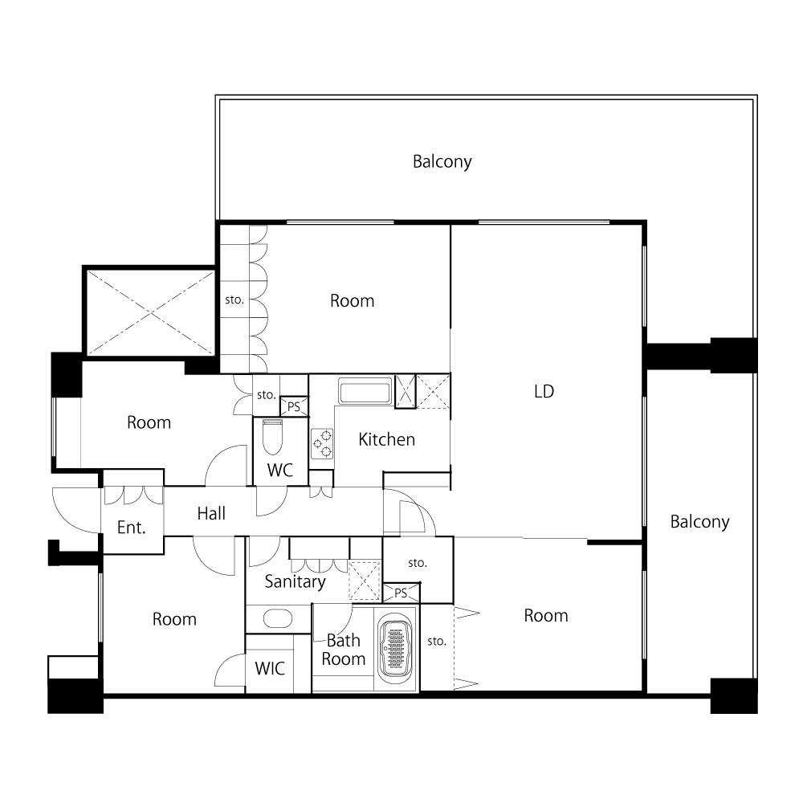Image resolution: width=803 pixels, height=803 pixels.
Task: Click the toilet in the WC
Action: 272,437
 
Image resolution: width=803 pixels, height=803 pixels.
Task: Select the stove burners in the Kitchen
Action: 322,443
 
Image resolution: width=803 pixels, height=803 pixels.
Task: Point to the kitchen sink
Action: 365,392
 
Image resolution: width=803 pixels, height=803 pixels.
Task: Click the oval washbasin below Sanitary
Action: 278,618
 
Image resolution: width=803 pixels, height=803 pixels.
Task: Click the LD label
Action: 544,392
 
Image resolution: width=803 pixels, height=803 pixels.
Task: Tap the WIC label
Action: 270,668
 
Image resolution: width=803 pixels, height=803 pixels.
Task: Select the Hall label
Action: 211,513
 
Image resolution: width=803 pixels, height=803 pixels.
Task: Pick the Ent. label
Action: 132,528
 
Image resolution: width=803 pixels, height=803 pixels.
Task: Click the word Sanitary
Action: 295,581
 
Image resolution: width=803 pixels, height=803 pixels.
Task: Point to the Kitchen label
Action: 387,439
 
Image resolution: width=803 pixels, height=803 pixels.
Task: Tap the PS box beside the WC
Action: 294,406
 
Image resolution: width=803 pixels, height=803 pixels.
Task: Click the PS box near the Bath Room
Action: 401,593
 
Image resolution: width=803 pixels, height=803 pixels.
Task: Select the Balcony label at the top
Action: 442,162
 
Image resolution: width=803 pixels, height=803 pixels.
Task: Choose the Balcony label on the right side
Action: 700,522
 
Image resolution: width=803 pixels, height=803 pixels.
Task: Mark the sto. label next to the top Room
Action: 234,300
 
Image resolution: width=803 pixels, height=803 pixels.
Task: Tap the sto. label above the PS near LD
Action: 418,563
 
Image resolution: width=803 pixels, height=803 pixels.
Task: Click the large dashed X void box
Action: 151,312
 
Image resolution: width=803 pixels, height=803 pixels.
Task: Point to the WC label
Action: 280,470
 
